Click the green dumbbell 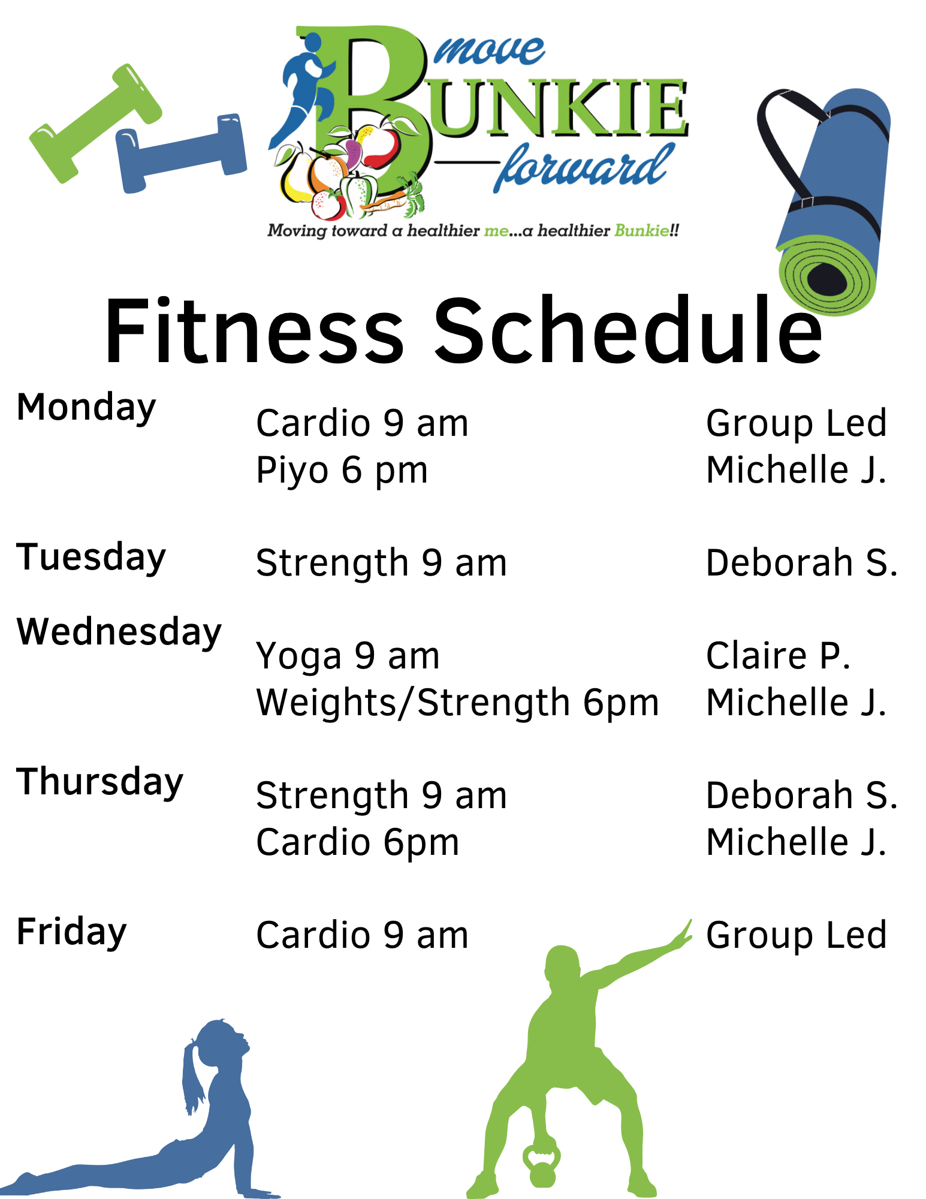[x=96, y=123]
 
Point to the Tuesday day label [x=91, y=558]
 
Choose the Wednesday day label [x=119, y=633]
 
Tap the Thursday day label [x=99, y=783]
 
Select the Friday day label [x=71, y=933]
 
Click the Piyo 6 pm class [x=342, y=471]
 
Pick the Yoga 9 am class [x=348, y=656]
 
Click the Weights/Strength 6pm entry [x=457, y=703]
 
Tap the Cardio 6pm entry [x=357, y=843]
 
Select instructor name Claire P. [x=778, y=656]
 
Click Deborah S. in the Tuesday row [x=801, y=564]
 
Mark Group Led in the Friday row [x=796, y=935]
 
